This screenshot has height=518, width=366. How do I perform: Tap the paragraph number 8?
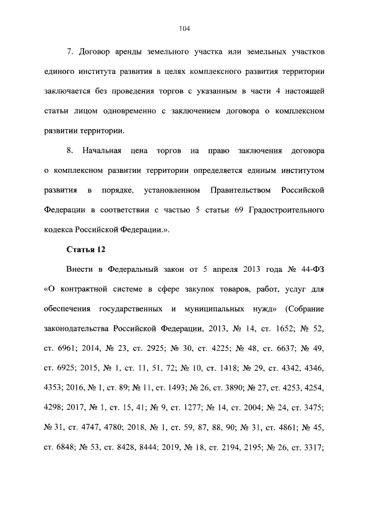[70, 151]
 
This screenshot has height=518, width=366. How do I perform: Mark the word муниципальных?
[219, 309]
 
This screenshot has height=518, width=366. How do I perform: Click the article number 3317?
[311, 446]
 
